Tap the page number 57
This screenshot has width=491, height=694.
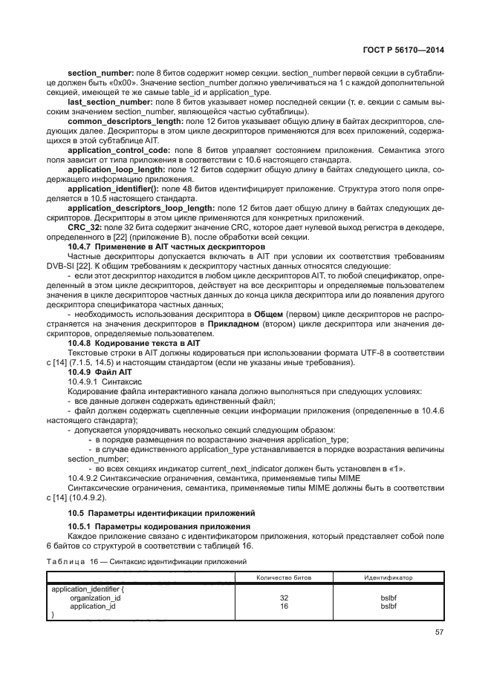438,633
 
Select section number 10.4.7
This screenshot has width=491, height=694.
80,246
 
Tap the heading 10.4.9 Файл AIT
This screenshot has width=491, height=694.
101,371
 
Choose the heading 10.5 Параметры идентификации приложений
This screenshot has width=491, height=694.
161,512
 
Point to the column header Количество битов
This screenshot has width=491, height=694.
284,577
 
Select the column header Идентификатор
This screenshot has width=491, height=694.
388,577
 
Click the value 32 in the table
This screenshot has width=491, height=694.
284,597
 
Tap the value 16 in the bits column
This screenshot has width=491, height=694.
284,606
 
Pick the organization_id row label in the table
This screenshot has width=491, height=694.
95,597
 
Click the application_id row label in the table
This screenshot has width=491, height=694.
94,606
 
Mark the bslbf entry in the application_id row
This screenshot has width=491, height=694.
388,606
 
